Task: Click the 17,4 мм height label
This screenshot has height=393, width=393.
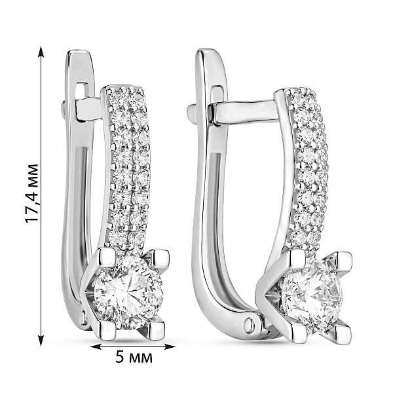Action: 32,193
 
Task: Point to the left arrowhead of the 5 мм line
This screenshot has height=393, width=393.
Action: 96,346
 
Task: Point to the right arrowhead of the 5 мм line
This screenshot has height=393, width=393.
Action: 170,346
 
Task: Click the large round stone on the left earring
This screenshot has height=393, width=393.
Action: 129,291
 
